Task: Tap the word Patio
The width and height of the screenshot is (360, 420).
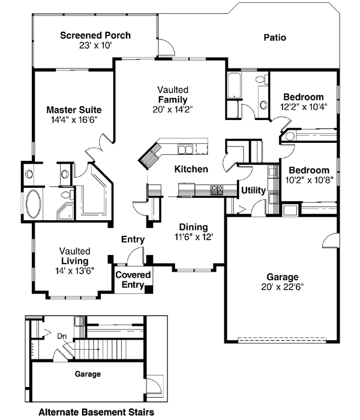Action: point(275,38)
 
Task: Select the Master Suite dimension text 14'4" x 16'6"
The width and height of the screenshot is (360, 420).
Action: point(74,119)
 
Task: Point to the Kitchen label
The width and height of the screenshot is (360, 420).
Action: point(191,169)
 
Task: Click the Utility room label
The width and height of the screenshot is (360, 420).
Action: point(253,190)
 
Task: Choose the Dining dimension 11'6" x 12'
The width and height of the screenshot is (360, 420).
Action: point(193,236)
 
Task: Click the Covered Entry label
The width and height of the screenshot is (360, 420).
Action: point(133,279)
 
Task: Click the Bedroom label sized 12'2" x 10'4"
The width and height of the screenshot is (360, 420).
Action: point(303,97)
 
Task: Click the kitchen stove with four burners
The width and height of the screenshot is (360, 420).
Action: point(216,190)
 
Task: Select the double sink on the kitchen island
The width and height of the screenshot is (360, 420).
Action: point(185,149)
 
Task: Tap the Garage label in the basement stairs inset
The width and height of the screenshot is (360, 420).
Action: point(88,373)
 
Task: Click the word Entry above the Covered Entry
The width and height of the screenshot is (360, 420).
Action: point(133,239)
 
